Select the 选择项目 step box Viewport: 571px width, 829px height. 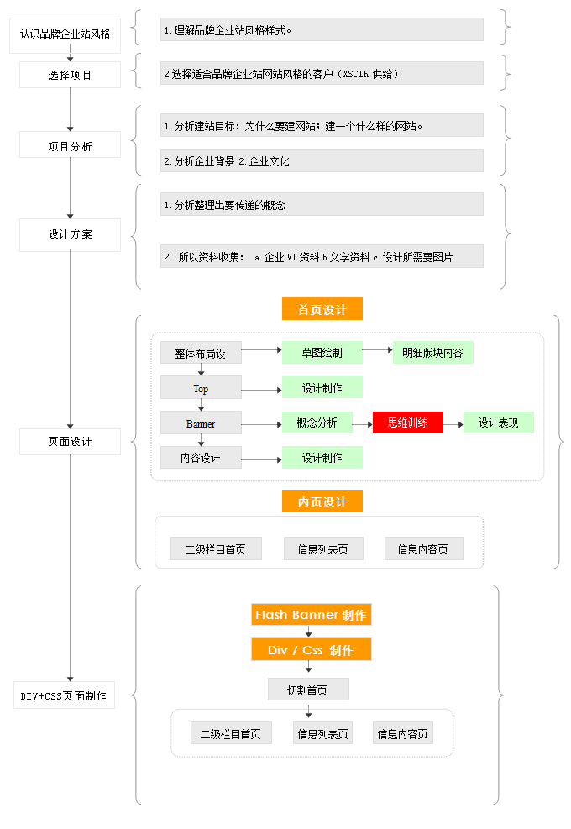point(71,75)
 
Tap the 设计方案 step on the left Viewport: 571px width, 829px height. point(71,234)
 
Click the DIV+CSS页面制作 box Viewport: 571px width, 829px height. point(64,695)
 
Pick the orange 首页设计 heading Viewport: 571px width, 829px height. point(322,309)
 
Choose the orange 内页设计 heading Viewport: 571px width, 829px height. point(322,501)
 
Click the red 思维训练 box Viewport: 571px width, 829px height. point(408,422)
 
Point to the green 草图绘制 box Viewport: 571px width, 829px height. point(322,353)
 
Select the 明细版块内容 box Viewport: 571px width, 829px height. point(432,353)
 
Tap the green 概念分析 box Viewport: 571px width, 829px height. point(317,422)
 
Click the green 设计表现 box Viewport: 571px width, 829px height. point(499,422)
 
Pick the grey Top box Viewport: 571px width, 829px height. point(201,388)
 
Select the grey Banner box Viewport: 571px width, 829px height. point(201,423)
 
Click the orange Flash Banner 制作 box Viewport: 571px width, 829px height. point(311,615)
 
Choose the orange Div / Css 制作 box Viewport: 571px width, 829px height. point(311,650)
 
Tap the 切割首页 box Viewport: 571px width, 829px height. point(308,690)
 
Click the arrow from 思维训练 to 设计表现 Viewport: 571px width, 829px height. point(453,424)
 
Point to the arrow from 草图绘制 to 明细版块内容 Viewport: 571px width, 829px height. point(378,349)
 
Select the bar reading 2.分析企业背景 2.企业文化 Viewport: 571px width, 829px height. point(322,160)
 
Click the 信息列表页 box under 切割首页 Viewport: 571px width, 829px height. point(322,733)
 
